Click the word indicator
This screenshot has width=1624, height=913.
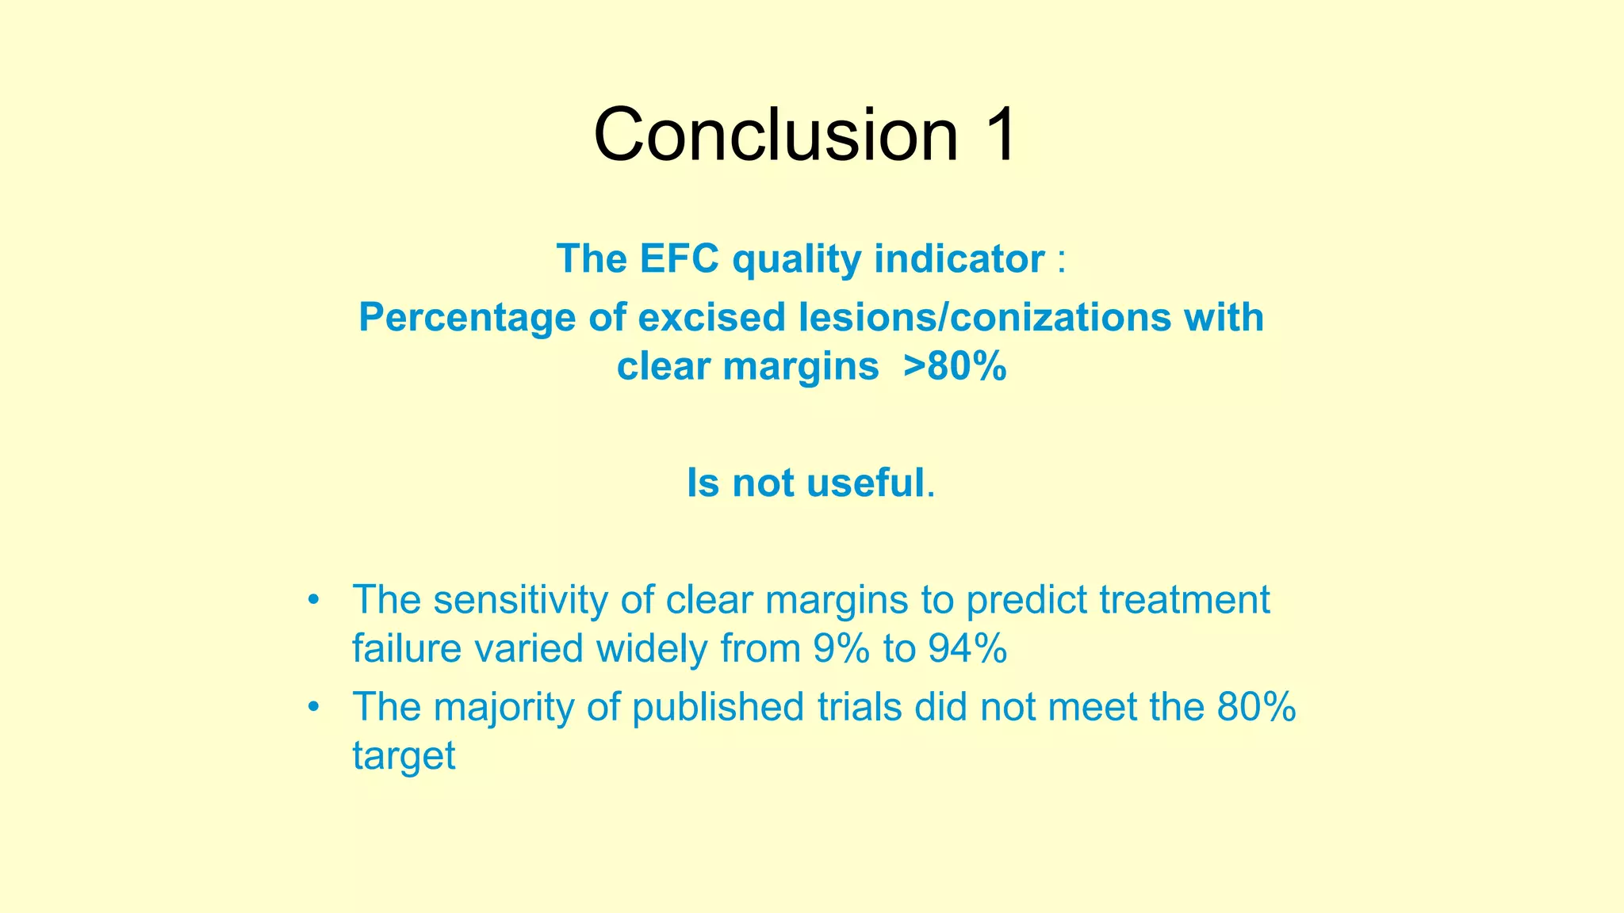click(x=959, y=258)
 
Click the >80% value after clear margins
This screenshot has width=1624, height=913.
click(x=955, y=366)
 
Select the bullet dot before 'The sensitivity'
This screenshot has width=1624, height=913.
click(x=314, y=599)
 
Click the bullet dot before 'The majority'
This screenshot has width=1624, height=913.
click(x=314, y=706)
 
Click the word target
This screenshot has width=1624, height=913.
click(x=404, y=755)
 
